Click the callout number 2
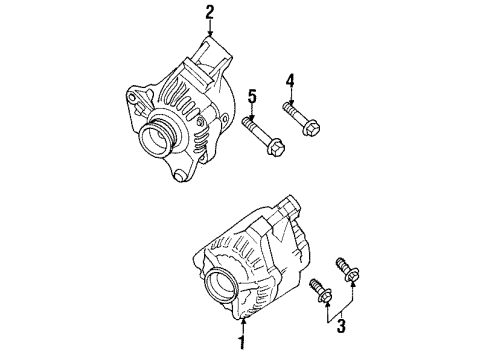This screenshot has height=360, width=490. pos(210,12)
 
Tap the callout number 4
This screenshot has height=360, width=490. pos(290,80)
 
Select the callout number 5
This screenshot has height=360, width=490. pos(252,96)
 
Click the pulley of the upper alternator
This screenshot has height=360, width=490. pos(158,137)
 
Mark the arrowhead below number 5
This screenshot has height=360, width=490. pos(252,115)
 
